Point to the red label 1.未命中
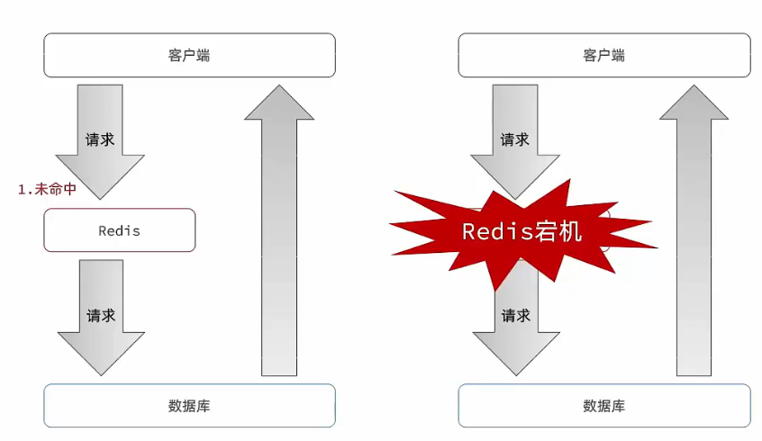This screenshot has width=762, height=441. coord(47,190)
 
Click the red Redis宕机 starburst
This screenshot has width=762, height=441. coord(522,231)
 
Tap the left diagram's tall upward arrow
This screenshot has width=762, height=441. coord(279,234)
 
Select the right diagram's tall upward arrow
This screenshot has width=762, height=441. coord(694,234)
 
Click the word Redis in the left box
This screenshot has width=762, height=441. coord(119,230)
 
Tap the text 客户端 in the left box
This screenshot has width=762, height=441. coord(189,55)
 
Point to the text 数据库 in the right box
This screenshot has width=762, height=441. coord(603,406)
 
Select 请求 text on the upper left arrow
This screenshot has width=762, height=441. coord(100,139)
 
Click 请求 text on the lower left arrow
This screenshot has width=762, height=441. coord(100,316)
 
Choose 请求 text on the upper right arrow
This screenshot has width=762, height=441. coord(514,139)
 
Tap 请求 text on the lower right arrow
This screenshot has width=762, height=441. coord(514,316)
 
